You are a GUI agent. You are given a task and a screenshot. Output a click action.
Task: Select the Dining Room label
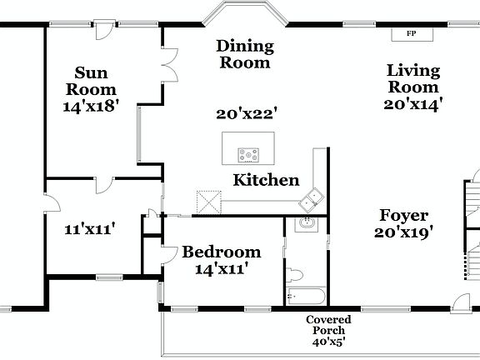click(x=243, y=53)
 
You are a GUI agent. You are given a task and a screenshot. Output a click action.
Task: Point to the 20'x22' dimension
click(x=246, y=113)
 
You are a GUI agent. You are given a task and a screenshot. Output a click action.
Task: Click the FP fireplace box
click(x=410, y=34)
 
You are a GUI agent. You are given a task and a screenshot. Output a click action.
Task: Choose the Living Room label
click(x=412, y=79)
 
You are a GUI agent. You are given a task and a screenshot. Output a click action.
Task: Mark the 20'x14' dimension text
click(x=412, y=104)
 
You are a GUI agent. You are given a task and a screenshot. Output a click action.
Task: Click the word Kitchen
click(x=266, y=180)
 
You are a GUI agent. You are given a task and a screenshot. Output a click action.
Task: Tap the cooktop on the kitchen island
click(x=248, y=154)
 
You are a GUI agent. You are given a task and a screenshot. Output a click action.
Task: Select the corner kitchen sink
click(x=314, y=198)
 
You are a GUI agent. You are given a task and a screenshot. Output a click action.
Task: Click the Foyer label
click(x=404, y=215)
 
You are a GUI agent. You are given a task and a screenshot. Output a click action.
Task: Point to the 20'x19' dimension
click(x=404, y=233)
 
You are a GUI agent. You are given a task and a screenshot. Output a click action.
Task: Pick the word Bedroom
click(x=222, y=252)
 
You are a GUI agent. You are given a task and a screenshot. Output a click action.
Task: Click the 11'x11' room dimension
click(x=89, y=227)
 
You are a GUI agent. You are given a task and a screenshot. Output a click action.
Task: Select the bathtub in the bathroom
click(x=306, y=296)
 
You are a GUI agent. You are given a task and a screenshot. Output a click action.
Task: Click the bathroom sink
click(x=306, y=223)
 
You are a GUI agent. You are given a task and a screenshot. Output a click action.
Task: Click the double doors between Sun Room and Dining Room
click(x=169, y=65)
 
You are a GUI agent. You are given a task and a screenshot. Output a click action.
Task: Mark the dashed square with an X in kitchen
click(x=207, y=202)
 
